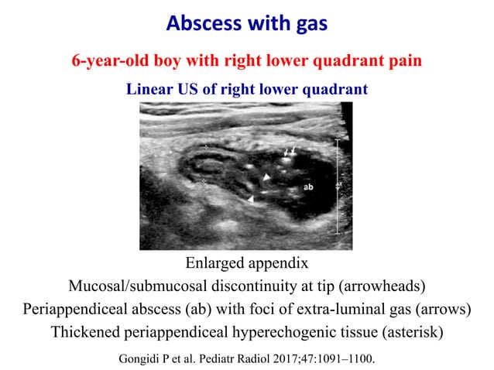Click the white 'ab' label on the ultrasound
[307, 187]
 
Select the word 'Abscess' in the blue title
[198, 26]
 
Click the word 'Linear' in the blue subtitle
[152, 89]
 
